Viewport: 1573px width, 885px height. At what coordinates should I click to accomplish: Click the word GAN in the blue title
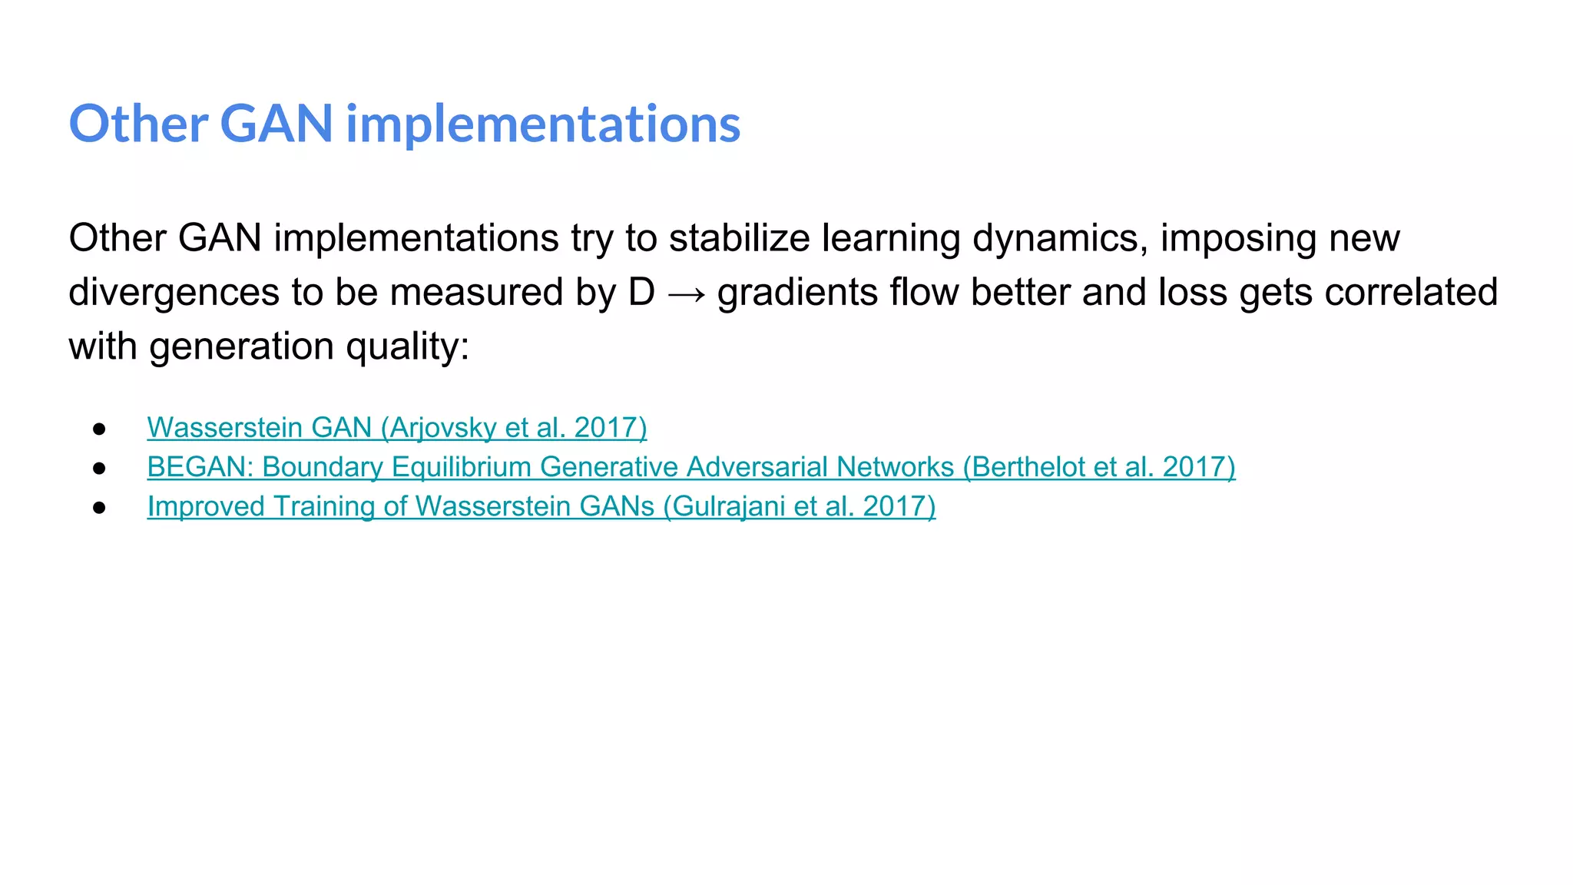pyautogui.click(x=276, y=124)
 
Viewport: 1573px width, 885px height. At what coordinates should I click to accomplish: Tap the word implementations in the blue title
pyautogui.click(x=543, y=124)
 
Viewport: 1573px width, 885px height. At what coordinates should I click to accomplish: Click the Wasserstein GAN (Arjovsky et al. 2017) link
pyautogui.click(x=396, y=427)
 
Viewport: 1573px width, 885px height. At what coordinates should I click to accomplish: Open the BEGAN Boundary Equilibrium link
pyautogui.click(x=690, y=467)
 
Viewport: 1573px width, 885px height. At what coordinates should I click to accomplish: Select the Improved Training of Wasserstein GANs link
pyautogui.click(x=541, y=506)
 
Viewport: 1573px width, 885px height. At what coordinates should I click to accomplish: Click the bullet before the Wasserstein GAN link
pyautogui.click(x=99, y=429)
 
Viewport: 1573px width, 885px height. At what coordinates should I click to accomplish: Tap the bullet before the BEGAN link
pyautogui.click(x=99, y=468)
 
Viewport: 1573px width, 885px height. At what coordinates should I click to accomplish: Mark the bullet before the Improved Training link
pyautogui.click(x=99, y=507)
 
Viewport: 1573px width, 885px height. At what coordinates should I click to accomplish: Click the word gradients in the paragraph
pyautogui.click(x=797, y=293)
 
